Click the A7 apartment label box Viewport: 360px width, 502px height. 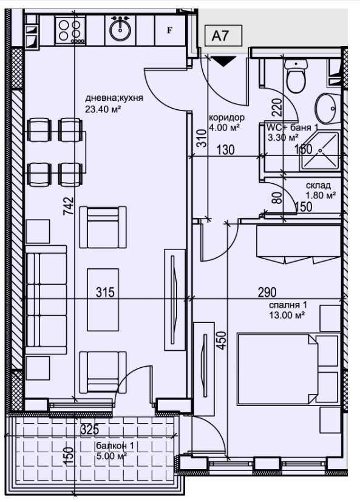[223, 36]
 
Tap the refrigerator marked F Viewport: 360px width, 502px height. [170, 30]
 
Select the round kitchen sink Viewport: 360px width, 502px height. [120, 29]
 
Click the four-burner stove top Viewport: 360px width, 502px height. [70, 30]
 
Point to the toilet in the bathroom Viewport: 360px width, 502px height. [296, 75]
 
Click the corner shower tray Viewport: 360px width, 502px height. [320, 151]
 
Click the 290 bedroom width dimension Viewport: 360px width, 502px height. [267, 292]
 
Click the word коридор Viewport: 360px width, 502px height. [226, 118]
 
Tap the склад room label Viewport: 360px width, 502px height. [318, 186]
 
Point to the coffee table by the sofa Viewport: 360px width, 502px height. [103, 300]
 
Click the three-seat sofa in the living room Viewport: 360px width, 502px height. [46, 300]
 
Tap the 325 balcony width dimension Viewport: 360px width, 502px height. [89, 430]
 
